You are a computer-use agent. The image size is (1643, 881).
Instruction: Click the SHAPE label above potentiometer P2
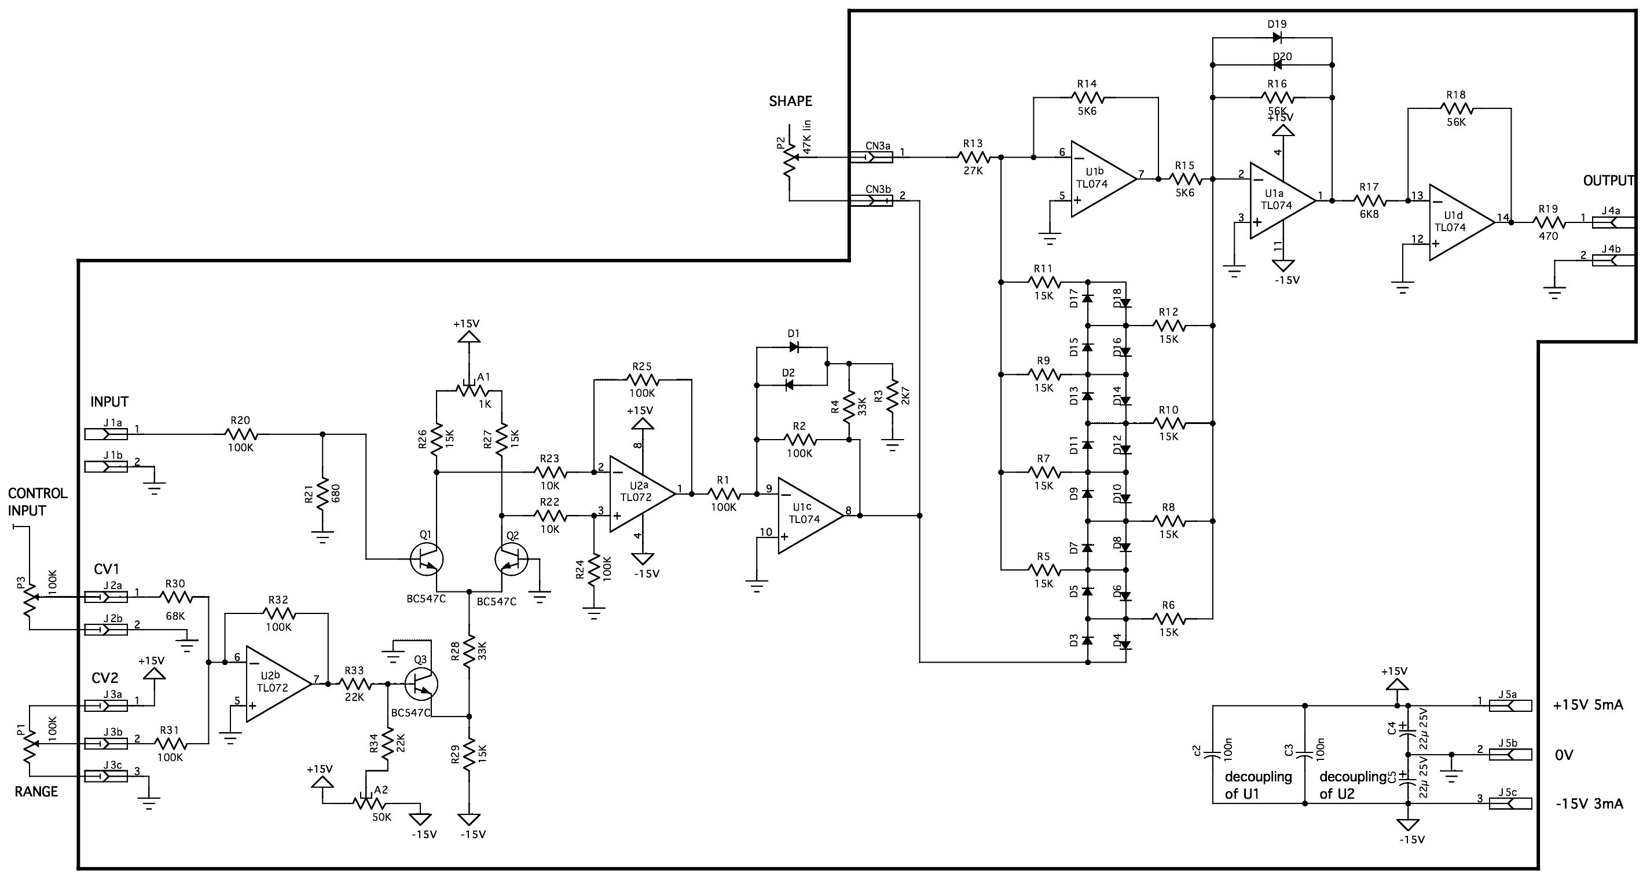pyautogui.click(x=790, y=101)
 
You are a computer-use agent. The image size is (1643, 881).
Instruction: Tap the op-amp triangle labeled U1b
pyautogui.click(x=1103, y=178)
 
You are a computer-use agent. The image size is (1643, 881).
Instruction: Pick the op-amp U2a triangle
pyautogui.click(x=641, y=493)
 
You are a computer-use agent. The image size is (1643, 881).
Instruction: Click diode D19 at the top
pyautogui.click(x=1277, y=37)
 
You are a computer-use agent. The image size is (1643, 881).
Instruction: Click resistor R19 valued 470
pyautogui.click(x=1548, y=222)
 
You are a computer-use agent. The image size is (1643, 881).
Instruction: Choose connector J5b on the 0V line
pyautogui.click(x=1510, y=754)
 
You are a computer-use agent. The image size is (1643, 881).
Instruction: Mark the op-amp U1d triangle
pyautogui.click(x=1462, y=222)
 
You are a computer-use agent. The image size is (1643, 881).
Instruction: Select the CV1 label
pyautogui.click(x=107, y=569)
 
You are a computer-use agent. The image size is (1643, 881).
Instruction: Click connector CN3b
pyautogui.click(x=871, y=201)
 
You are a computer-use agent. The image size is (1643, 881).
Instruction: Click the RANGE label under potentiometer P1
pyautogui.click(x=36, y=792)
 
